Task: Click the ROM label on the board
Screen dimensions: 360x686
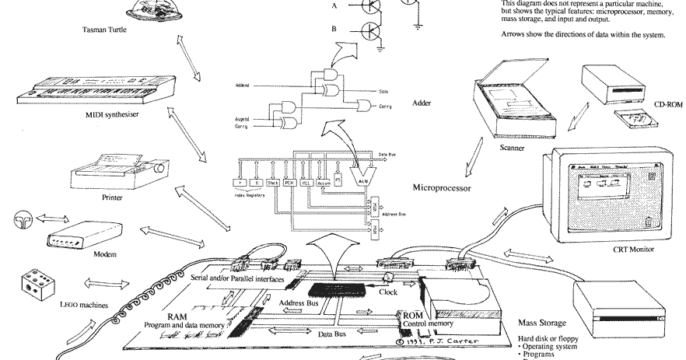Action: pyautogui.click(x=411, y=316)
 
